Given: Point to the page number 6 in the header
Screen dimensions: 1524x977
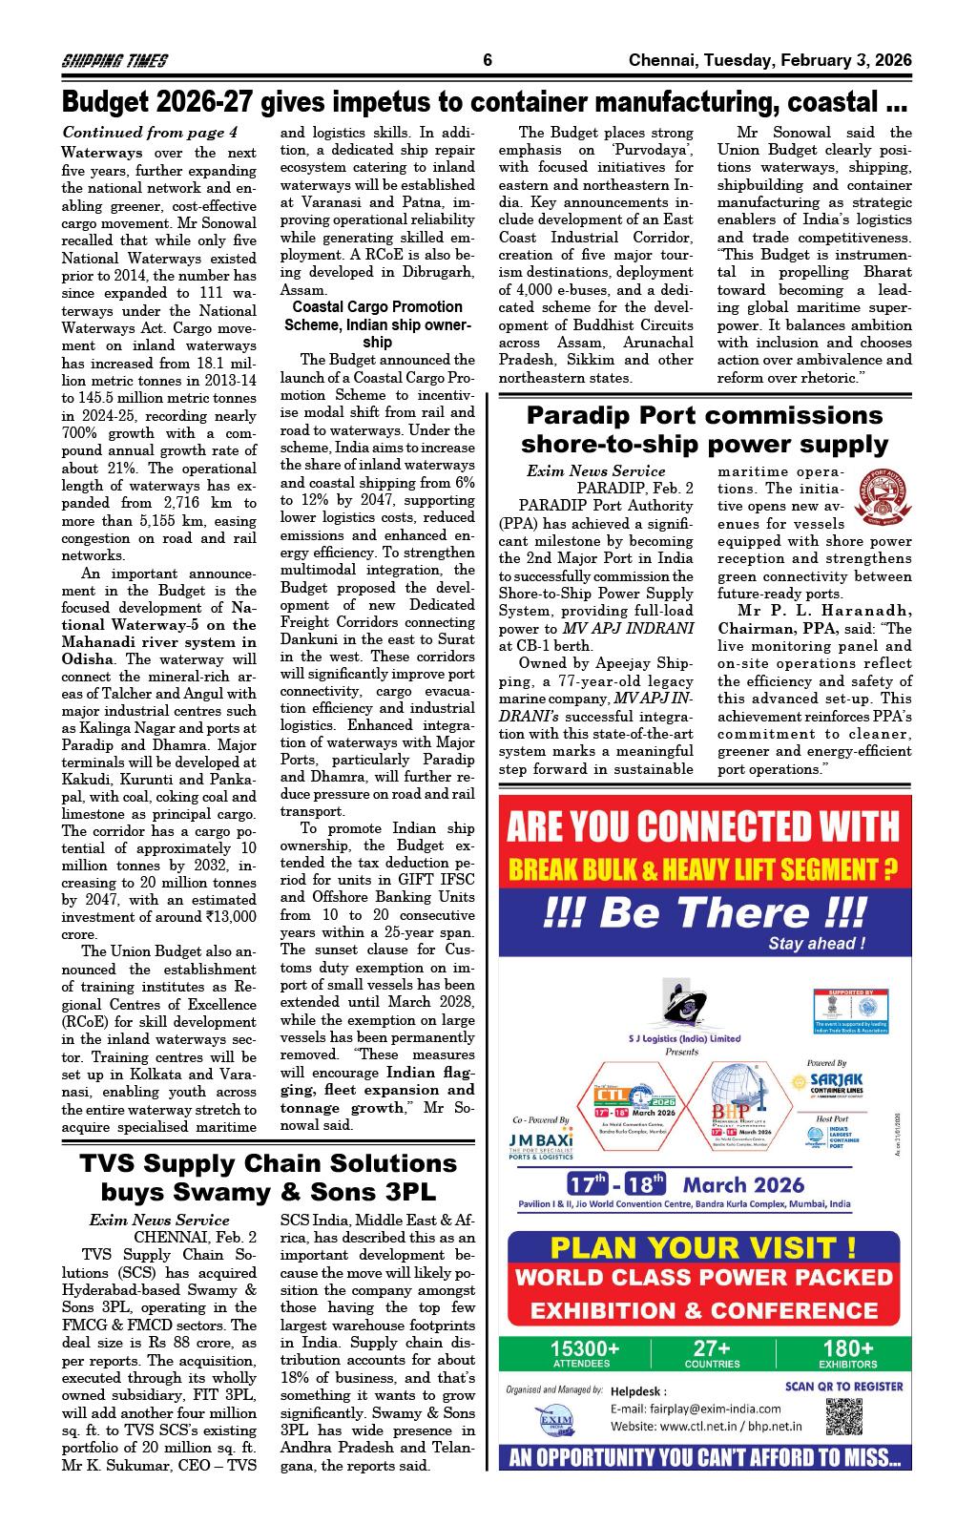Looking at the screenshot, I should coord(488,61).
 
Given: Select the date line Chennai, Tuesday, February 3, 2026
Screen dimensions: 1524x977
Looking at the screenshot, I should coord(770,61).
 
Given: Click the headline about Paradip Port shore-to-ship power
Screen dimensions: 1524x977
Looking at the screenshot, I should coord(705,429).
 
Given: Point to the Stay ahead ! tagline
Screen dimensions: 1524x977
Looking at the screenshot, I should coord(817,945).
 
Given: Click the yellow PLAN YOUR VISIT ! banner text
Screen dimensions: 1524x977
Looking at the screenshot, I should coord(704,1246).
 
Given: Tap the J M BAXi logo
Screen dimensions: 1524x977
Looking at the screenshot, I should coord(541,1142).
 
